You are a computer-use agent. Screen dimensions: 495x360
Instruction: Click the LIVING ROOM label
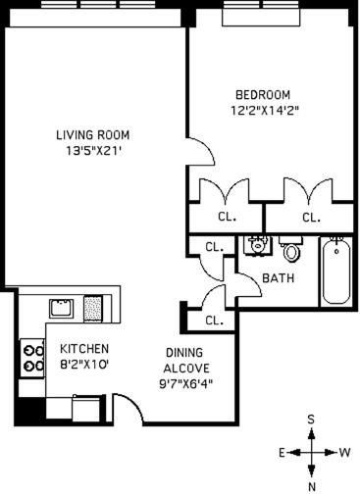(92, 135)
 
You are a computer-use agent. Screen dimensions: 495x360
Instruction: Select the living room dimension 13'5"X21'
(92, 151)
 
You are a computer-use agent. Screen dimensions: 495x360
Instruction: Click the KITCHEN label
(84, 349)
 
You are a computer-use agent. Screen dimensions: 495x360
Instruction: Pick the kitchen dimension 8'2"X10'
(84, 365)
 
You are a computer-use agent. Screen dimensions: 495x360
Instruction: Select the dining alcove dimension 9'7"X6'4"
(186, 384)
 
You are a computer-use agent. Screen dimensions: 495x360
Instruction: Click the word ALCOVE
(186, 370)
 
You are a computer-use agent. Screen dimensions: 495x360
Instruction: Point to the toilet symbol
(290, 249)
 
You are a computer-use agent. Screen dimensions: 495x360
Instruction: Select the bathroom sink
(256, 242)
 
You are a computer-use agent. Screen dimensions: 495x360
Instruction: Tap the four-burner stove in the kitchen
(33, 357)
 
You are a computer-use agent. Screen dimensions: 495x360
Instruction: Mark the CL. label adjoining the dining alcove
(214, 320)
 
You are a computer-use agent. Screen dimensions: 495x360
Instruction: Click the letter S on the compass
(311, 420)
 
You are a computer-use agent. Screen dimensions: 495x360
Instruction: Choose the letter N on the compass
(311, 485)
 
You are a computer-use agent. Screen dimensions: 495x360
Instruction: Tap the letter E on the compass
(280, 453)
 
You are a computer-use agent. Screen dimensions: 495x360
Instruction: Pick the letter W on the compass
(344, 453)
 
